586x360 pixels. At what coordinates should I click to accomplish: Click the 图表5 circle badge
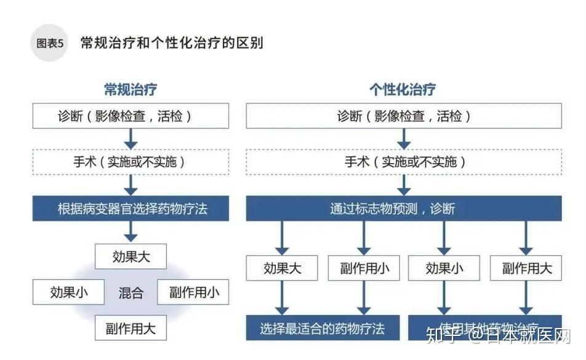coord(49,44)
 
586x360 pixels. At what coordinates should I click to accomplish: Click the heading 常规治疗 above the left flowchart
coord(130,89)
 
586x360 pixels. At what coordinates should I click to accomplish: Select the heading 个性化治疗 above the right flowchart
coord(403,89)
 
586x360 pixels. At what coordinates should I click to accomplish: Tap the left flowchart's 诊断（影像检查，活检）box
coord(130,116)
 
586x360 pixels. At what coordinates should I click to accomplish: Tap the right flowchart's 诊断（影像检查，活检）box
coord(404,116)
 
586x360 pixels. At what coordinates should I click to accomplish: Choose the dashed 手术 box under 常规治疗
coord(130,162)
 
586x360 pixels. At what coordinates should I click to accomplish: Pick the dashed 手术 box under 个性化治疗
coord(404,162)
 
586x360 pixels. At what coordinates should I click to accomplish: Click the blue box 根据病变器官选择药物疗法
coord(130,209)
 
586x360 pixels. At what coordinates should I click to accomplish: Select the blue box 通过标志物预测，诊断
coord(404,209)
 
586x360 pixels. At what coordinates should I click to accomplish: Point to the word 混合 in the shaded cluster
coord(130,293)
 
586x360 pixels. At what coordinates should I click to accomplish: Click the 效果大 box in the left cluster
coord(130,257)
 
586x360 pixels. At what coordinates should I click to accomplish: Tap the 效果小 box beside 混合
coord(69,292)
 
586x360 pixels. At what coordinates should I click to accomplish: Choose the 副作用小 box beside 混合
coord(193,292)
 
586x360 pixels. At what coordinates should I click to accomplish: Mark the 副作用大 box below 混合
coord(130,328)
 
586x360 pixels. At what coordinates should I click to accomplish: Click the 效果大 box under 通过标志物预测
coord(282,268)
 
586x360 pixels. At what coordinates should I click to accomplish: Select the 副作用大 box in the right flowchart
coord(526,268)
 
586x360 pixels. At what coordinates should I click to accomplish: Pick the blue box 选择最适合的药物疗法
coord(323,328)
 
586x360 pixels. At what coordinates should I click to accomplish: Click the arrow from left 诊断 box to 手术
coord(130,138)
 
